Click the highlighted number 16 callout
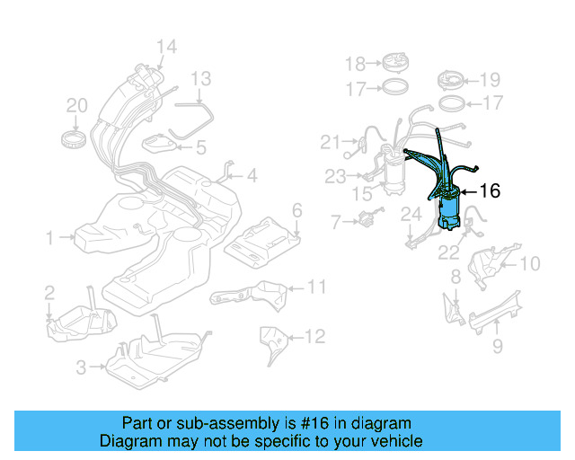coord(490,190)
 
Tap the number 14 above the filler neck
coord(166,47)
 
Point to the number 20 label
coord(77,106)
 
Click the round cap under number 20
coord(76,139)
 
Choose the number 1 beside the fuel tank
coord(51,238)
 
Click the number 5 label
coord(201,146)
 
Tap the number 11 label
coord(315,287)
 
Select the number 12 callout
coord(314,337)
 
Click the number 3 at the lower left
coord(80,367)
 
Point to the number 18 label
coord(356,63)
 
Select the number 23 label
coord(336,177)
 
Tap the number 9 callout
coord(498,346)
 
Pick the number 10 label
coord(530,263)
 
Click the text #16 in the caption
coord(327,423)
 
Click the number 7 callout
coord(336,220)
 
